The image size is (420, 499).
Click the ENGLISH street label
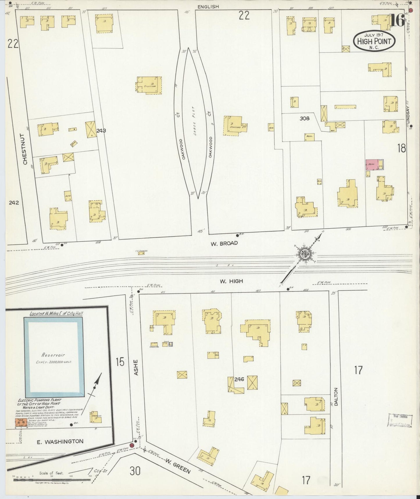[208, 6]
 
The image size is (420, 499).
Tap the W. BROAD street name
[224, 243]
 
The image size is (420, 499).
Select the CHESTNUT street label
[25, 149]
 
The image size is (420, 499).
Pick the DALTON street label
[336, 397]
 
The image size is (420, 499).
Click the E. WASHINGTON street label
[60, 441]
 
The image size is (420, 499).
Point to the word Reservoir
[53, 355]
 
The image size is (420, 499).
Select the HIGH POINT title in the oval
[374, 41]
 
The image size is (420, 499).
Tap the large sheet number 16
[397, 20]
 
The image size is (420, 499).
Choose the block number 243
[101, 131]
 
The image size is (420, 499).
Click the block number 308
[305, 118]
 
